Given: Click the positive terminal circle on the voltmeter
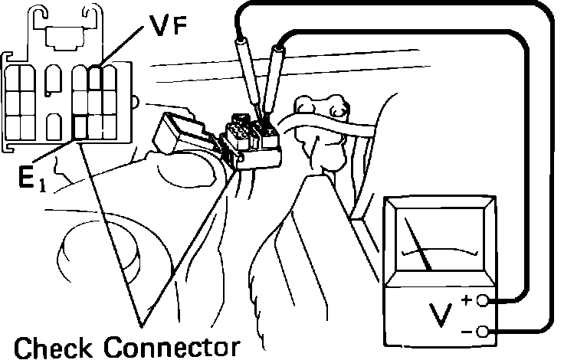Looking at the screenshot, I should click(484, 301).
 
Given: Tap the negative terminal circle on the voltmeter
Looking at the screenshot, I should click(484, 331).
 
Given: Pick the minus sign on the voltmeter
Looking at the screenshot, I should click(467, 331).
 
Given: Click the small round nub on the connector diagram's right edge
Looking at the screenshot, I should click(134, 101).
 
